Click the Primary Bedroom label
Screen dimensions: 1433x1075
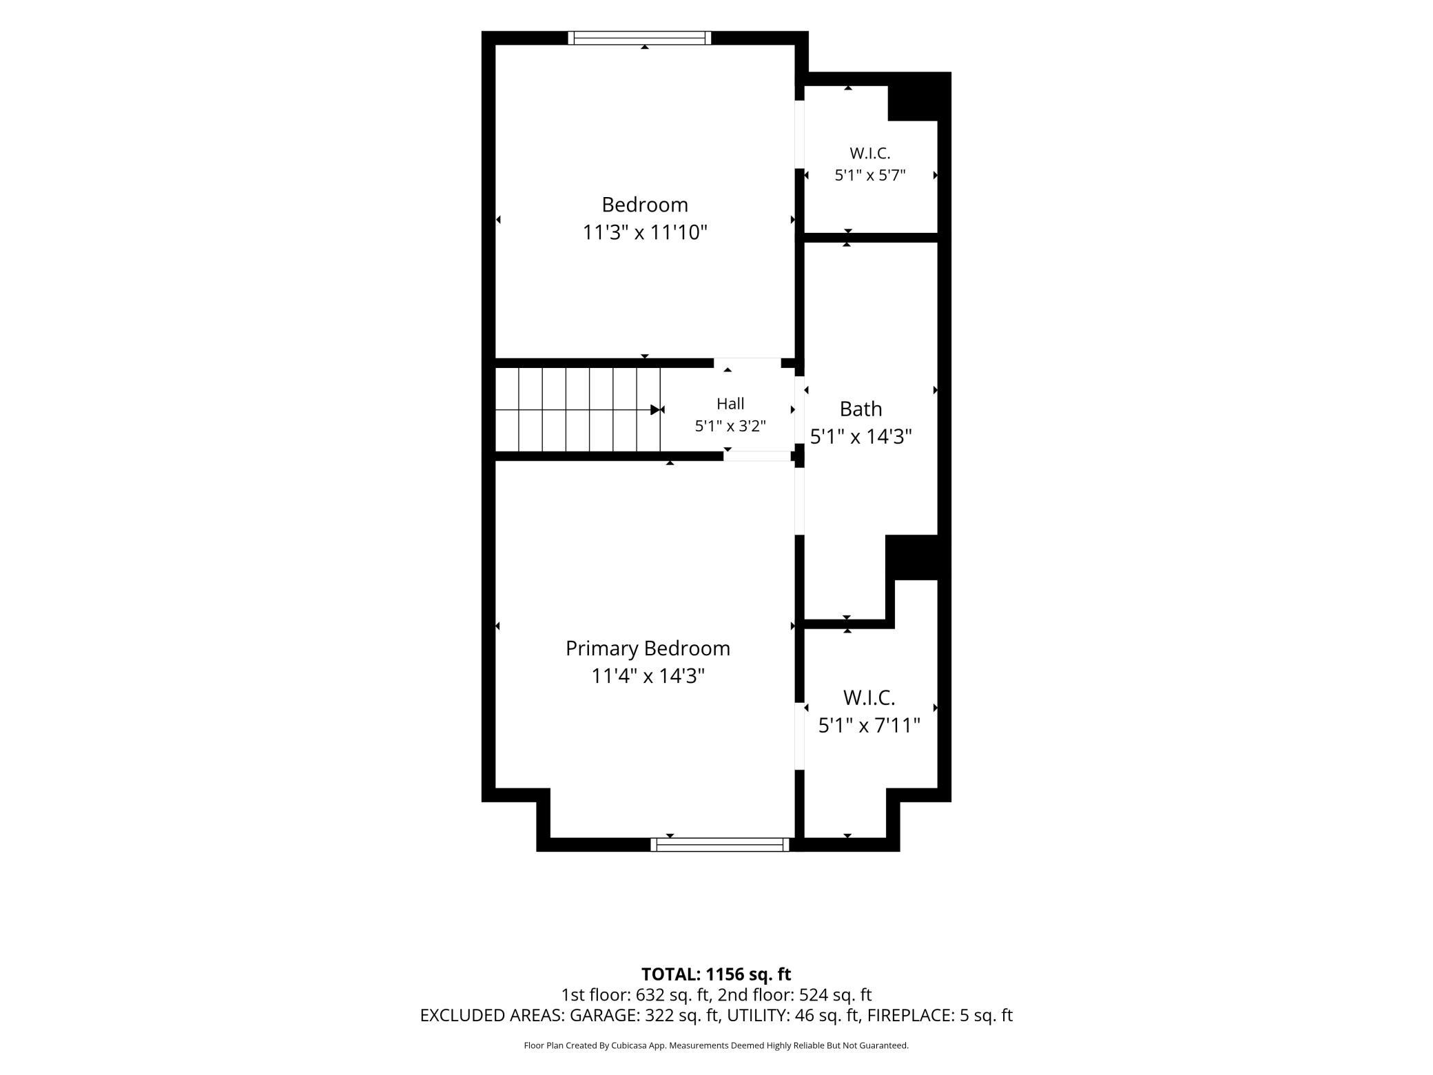pos(648,648)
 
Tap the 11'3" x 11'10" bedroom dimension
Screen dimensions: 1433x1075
pos(645,232)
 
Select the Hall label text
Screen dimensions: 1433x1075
pos(730,404)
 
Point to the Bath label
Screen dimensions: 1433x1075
pos(860,409)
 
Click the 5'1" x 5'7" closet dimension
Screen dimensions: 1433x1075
pos(870,175)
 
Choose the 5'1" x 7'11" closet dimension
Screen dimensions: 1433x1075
pos(869,725)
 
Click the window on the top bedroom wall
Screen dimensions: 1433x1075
pos(639,38)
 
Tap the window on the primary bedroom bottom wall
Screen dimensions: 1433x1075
pos(720,844)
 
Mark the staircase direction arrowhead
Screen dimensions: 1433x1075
pos(655,410)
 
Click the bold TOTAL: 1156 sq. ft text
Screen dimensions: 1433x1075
pos(716,974)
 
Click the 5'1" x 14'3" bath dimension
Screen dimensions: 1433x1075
pos(861,437)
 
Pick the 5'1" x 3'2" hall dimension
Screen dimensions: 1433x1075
pos(730,426)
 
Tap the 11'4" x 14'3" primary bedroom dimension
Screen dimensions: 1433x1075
pos(648,676)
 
